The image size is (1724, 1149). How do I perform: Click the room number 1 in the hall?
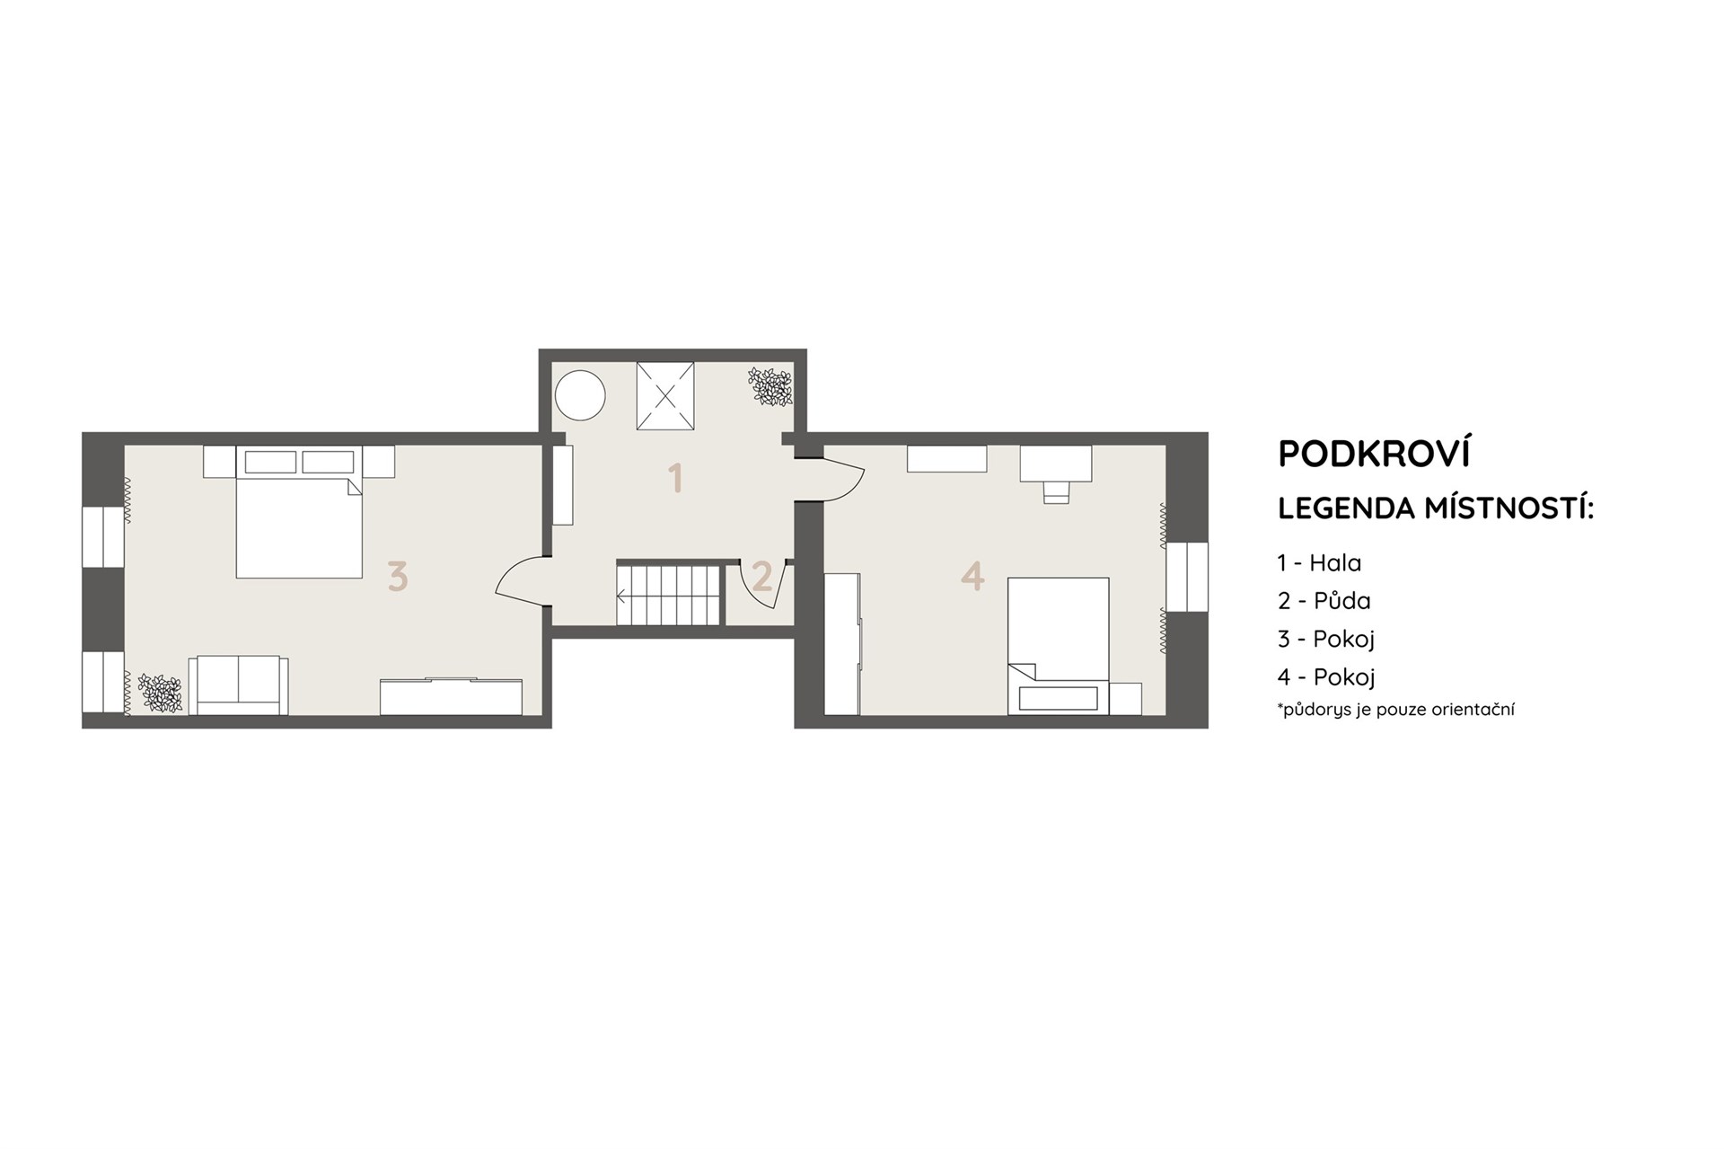click(675, 478)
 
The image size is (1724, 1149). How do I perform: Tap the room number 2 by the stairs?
click(761, 576)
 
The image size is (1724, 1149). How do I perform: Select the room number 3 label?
click(397, 576)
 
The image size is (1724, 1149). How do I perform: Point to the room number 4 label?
click(972, 575)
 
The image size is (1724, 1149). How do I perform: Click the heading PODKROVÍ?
click(1374, 454)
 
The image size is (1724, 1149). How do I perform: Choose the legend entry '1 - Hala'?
click(1319, 563)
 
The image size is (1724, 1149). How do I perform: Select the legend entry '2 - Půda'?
click(1324, 600)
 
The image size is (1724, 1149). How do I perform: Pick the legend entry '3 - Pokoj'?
click(1326, 639)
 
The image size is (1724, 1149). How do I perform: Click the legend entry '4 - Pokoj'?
click(1326, 676)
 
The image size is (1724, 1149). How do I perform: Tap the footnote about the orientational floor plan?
click(1395, 709)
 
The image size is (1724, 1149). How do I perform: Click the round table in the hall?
click(580, 394)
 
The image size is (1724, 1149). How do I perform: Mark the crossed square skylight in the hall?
click(665, 396)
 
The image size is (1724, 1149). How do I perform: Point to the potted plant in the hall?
click(771, 387)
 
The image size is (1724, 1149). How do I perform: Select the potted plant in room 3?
click(160, 693)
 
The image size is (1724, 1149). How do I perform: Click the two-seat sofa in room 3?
click(238, 685)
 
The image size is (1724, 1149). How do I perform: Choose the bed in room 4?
click(1058, 646)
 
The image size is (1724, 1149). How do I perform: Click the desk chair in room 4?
click(1056, 491)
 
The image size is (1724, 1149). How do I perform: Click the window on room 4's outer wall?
click(1186, 577)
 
